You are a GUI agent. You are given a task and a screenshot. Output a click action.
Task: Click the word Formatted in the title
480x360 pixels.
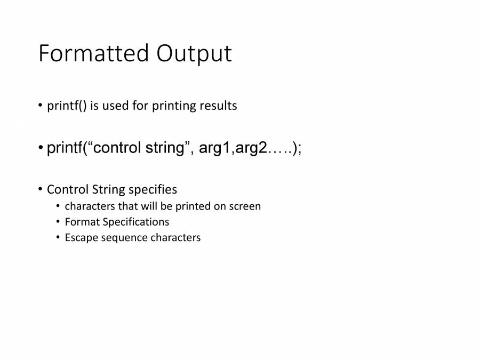[93, 53]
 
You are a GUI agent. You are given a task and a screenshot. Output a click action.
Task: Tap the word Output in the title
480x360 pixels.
[194, 53]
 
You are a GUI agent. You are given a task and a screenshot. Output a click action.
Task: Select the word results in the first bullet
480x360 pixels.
[218, 106]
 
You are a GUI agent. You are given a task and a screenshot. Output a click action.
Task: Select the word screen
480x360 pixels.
[245, 206]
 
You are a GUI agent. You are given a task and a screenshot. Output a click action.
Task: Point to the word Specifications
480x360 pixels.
[136, 222]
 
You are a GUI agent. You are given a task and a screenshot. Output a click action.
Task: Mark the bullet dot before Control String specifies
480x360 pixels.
[40, 189]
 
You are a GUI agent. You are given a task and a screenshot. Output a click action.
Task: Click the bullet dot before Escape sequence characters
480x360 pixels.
[58, 238]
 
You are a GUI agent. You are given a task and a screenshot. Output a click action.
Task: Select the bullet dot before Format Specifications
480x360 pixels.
[58, 222]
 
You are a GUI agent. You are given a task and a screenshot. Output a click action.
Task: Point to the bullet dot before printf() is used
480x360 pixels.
[40, 106]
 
